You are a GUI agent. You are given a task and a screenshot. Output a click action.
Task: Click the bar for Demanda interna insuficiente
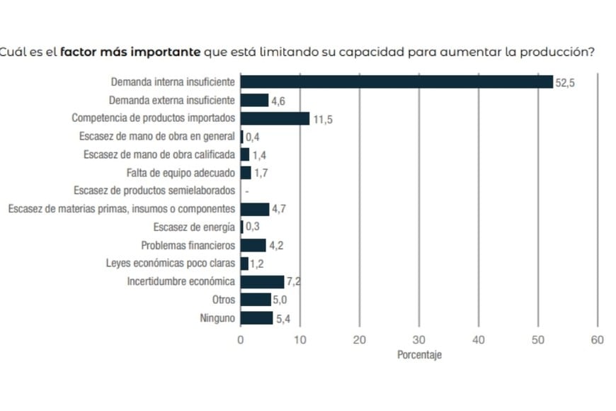pyautogui.click(x=397, y=82)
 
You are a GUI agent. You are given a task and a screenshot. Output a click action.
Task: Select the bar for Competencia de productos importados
pyautogui.click(x=275, y=118)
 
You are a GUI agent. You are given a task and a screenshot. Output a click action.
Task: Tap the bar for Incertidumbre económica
pyautogui.click(x=262, y=282)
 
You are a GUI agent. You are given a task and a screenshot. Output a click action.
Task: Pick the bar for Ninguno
pyautogui.click(x=256, y=318)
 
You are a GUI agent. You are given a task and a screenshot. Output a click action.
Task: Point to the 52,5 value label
pyautogui.click(x=565, y=83)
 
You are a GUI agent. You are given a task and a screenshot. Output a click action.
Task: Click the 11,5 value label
pyautogui.click(x=323, y=119)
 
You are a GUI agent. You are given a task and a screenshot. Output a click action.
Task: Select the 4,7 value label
pyautogui.click(x=278, y=209)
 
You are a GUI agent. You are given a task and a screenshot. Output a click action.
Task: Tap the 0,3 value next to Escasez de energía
pyautogui.click(x=252, y=227)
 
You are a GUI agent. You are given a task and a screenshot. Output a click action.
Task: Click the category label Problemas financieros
pyautogui.click(x=188, y=245)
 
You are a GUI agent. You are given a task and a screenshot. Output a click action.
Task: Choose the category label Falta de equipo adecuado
pyautogui.click(x=181, y=172)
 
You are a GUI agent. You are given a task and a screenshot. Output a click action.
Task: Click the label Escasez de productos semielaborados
pyautogui.click(x=154, y=191)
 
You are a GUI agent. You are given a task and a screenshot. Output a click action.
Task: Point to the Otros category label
pyautogui.click(x=223, y=300)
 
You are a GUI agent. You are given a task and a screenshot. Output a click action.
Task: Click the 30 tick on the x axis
pyautogui.click(x=419, y=340)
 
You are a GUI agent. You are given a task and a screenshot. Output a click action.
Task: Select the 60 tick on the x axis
pyautogui.click(x=597, y=340)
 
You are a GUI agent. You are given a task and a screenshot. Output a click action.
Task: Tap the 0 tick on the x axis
pyautogui.click(x=241, y=340)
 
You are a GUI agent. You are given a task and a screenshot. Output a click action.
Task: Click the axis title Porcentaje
pyautogui.click(x=419, y=356)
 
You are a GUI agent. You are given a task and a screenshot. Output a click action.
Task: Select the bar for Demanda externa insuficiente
pyautogui.click(x=255, y=101)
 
